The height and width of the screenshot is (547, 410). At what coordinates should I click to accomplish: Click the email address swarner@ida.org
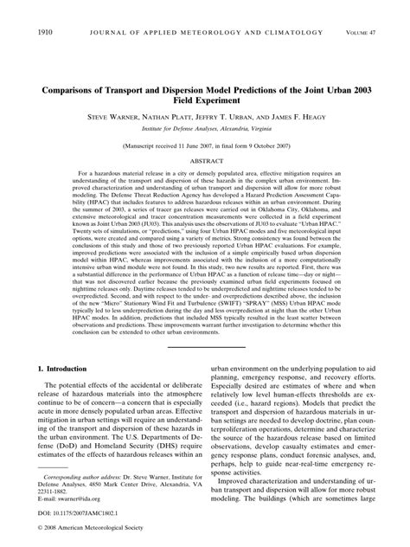73,499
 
